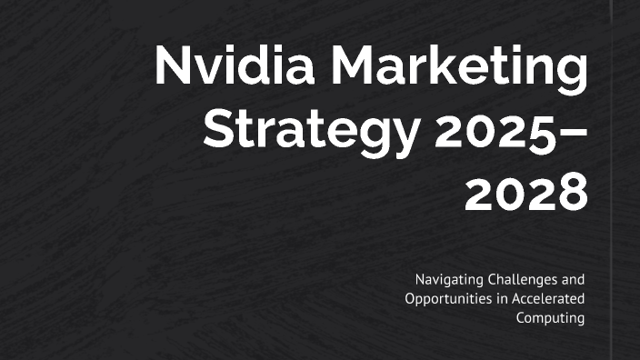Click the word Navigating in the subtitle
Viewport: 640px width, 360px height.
[448, 279]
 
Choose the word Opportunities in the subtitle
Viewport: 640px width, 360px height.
[445, 299]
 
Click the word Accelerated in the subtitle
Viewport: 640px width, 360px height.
[546, 298]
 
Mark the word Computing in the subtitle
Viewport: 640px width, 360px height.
[550, 318]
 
